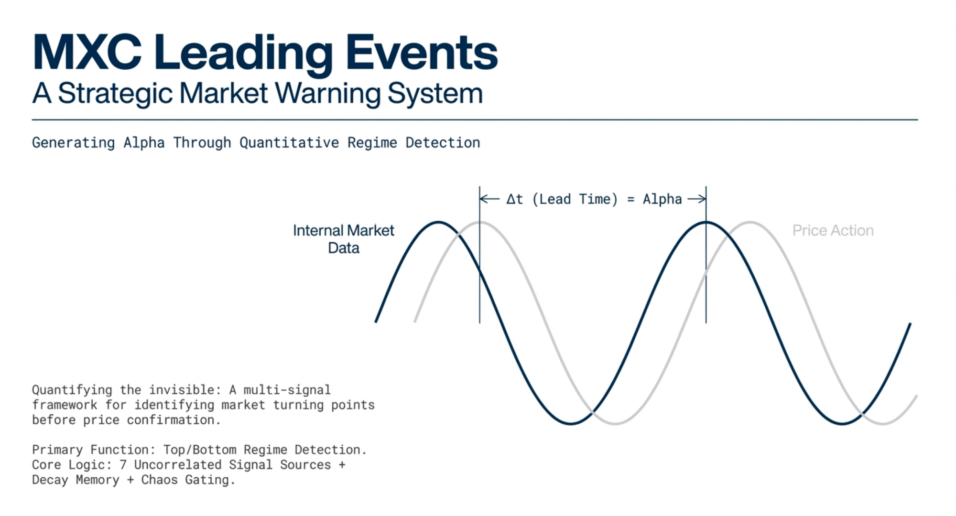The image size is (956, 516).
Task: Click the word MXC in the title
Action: [87, 53]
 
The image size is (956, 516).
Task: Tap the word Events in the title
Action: [421, 53]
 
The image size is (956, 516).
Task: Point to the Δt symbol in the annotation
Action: [514, 199]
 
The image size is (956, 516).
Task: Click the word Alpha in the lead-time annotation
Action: [662, 199]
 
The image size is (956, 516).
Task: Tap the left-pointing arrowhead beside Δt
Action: [484, 199]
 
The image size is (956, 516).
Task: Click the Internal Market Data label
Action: [344, 239]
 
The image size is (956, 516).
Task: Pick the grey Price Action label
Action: [833, 230]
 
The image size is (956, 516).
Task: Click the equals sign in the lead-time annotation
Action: [630, 199]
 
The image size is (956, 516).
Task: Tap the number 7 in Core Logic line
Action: [123, 464]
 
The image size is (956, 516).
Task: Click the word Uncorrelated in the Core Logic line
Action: [177, 464]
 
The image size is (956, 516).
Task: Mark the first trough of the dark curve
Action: [571, 423]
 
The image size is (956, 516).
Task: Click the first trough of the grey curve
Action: [616, 423]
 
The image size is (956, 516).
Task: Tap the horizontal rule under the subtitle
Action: [475, 119]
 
